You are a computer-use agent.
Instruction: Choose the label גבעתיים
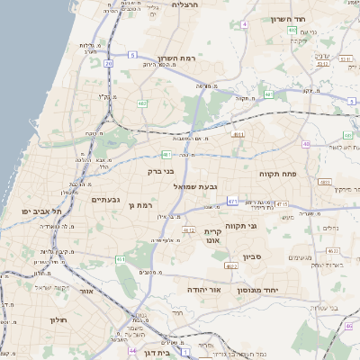coord(107,199)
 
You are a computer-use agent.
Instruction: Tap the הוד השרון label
coord(288,18)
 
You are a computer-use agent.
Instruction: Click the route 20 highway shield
coord(109,64)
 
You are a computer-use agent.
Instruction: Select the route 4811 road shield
coord(238,134)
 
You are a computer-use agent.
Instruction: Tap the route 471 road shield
coord(233,201)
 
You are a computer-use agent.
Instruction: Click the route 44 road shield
coord(132,351)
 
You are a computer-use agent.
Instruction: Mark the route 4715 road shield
coord(281,204)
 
